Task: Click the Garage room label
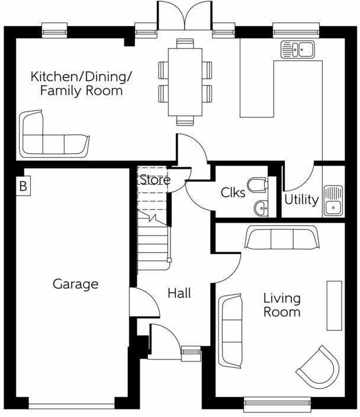[x=75, y=284]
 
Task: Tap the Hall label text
[x=179, y=293]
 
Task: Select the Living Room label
[x=282, y=305]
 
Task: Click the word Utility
[x=301, y=200]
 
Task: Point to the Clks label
[x=233, y=193]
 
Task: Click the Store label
[x=155, y=179]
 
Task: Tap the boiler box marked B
[x=22, y=187]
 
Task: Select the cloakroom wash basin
[x=261, y=207]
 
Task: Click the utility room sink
[x=333, y=200]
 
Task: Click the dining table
[x=185, y=82]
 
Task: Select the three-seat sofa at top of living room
[x=282, y=238]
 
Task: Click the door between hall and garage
[x=144, y=303]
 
